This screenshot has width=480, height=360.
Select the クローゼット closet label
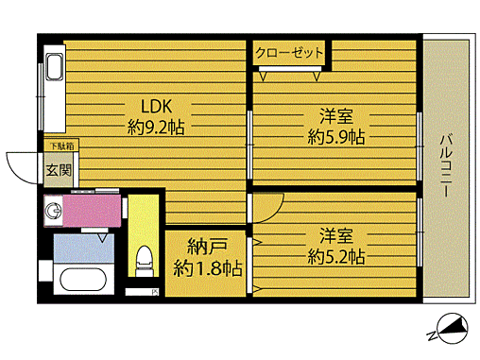tap(289, 52)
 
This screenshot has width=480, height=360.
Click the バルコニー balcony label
tap(443, 166)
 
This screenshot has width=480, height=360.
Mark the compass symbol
tap(449, 330)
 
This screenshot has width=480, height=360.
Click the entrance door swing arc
tap(21, 168)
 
